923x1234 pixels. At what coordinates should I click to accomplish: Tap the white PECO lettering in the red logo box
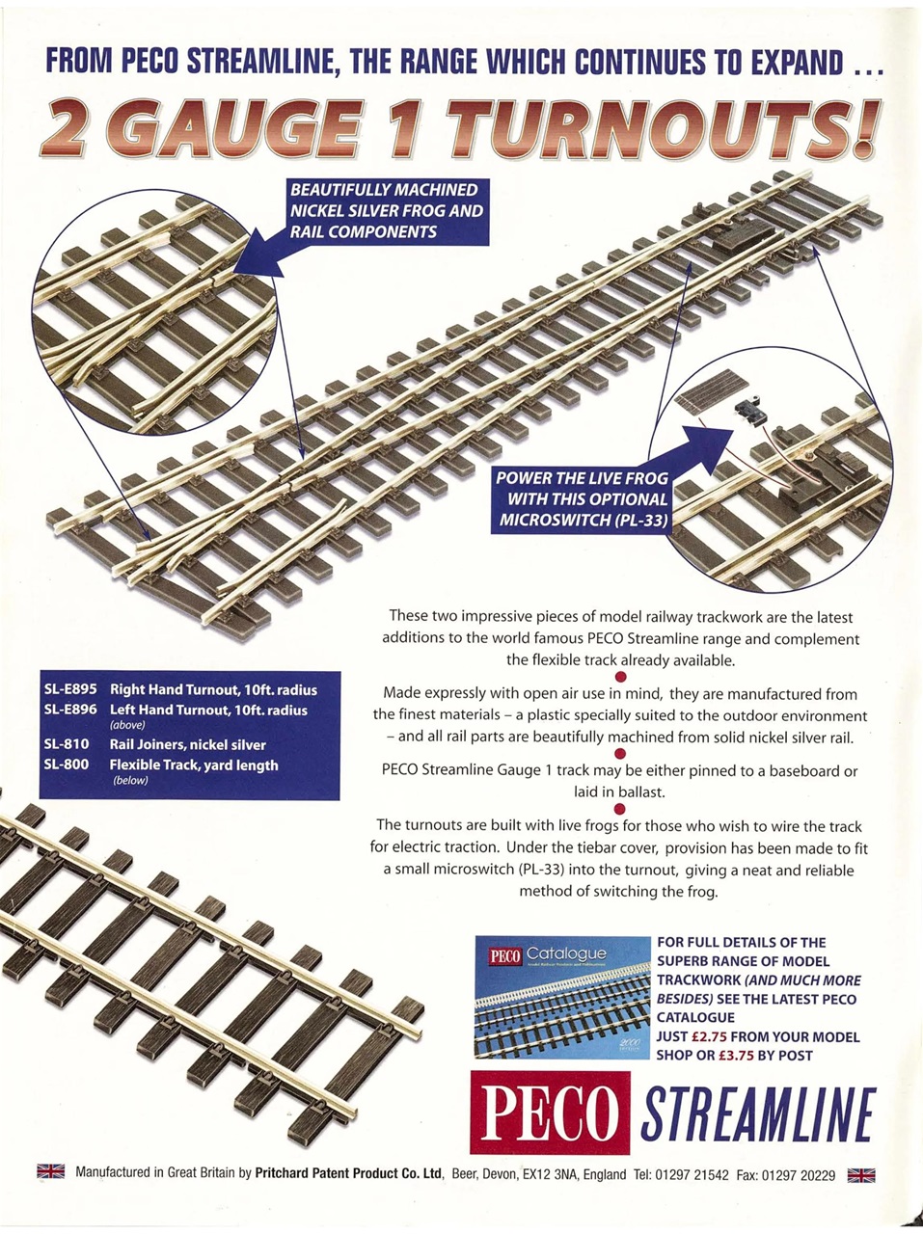pyautogui.click(x=551, y=1113)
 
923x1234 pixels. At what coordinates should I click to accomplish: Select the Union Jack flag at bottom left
pyautogui.click(x=50, y=1172)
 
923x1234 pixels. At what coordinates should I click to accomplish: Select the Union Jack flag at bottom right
pyautogui.click(x=860, y=1174)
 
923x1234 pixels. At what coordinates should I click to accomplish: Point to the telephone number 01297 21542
pyautogui.click(x=694, y=1174)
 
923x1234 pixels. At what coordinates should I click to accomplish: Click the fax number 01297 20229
pyautogui.click(x=799, y=1174)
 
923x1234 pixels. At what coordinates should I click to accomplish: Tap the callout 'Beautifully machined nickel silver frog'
pyautogui.click(x=386, y=210)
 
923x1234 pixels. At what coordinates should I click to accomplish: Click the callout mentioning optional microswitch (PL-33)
pyautogui.click(x=582, y=498)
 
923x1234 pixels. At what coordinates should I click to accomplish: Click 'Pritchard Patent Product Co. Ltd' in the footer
pyautogui.click(x=348, y=1173)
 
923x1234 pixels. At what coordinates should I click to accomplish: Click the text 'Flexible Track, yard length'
pyautogui.click(x=193, y=765)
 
